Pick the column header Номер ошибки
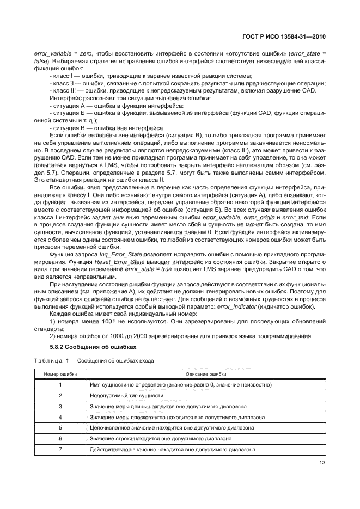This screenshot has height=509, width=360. point(60,374)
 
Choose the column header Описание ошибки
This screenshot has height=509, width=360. point(206,374)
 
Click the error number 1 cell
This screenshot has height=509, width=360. point(60,385)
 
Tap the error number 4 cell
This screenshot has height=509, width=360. point(60,417)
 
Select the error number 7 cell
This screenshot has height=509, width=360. point(60,449)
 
